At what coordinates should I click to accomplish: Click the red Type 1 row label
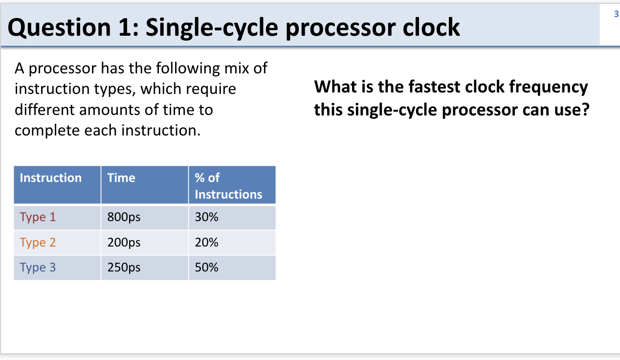[38, 217]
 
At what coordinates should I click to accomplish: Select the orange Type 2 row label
[38, 243]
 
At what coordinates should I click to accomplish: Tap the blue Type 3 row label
[38, 268]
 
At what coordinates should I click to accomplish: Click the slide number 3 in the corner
[616, 14]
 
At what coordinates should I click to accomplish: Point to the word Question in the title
[59, 28]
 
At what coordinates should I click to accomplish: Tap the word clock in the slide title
[431, 27]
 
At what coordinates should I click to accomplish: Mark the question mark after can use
[586, 110]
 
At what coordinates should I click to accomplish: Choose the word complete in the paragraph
[47, 131]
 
